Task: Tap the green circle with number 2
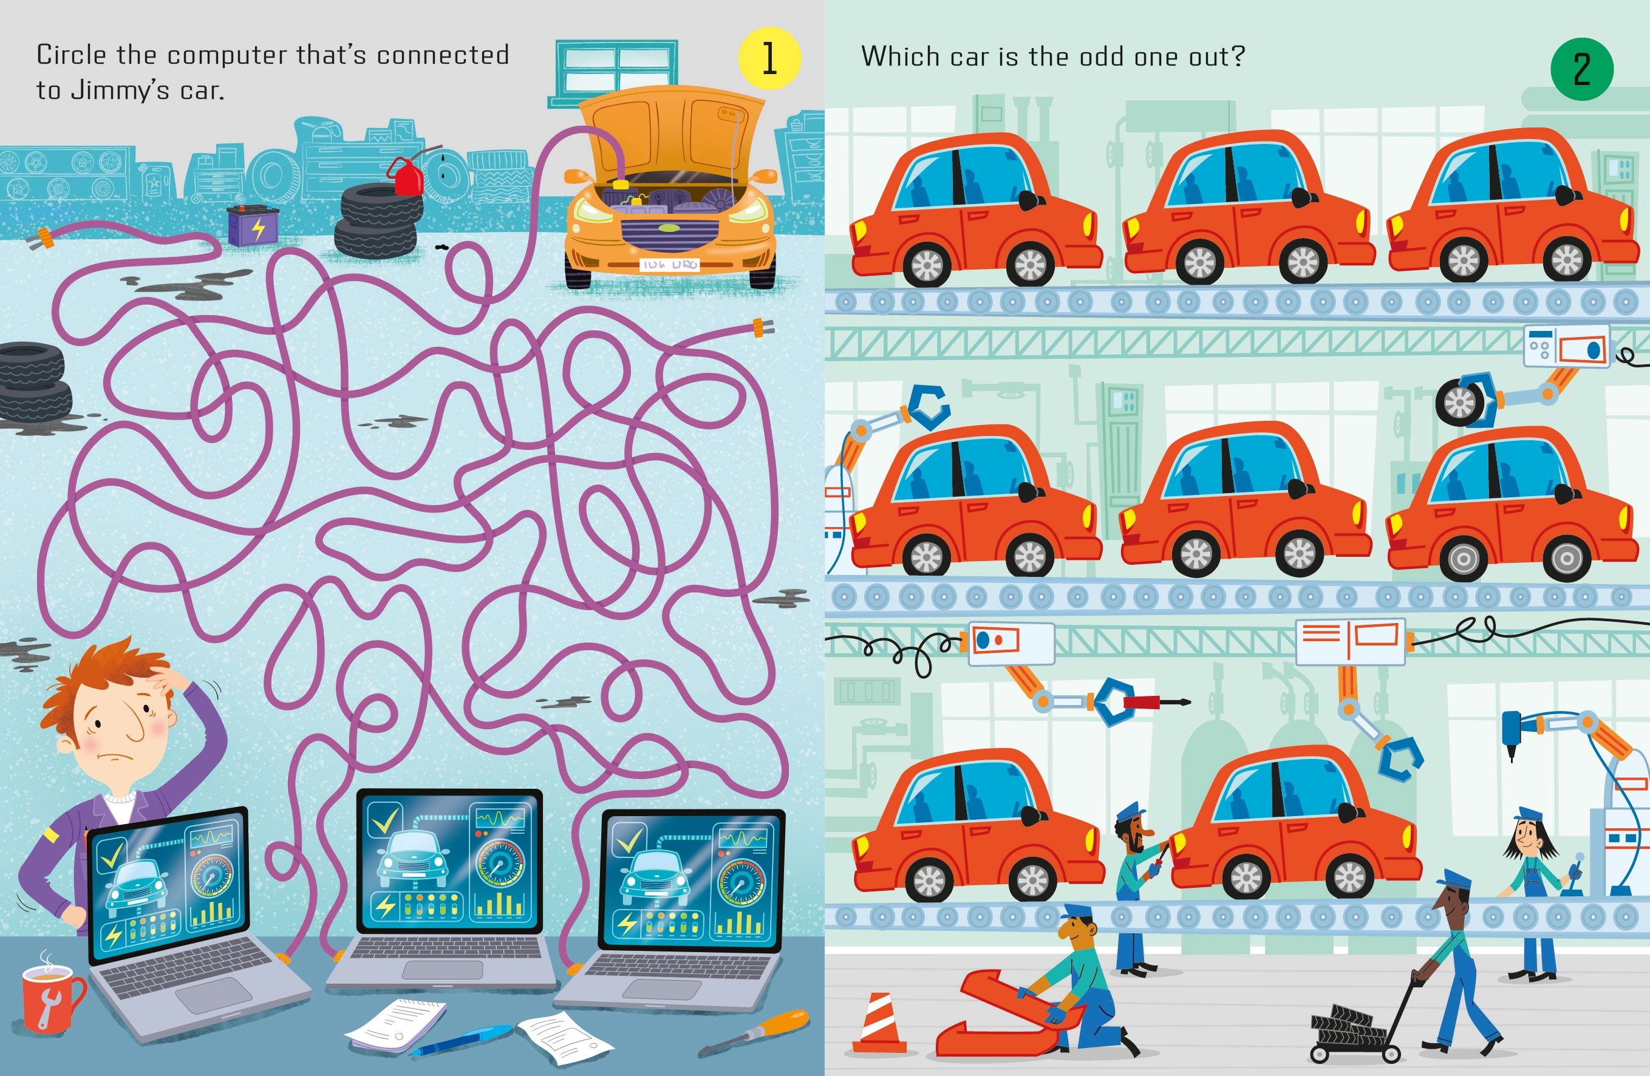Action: point(1581,69)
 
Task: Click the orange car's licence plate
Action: point(670,264)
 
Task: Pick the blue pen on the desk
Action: point(457,1042)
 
